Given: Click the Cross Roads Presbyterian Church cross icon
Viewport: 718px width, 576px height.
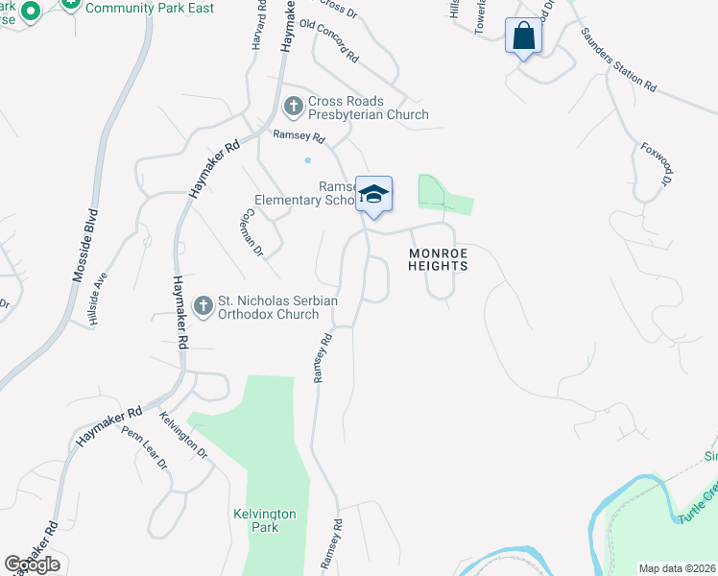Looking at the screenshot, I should click(293, 105).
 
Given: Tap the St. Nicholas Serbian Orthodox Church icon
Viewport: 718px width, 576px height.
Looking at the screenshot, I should click(203, 306).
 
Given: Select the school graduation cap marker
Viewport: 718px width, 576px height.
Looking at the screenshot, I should click(373, 194).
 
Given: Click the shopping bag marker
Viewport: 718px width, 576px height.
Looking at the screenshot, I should click(523, 36).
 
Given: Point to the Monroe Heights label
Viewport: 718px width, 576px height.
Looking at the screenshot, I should click(438, 260).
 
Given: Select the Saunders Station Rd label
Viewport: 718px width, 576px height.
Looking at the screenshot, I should click(617, 60).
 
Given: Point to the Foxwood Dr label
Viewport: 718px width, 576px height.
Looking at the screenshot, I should click(656, 164).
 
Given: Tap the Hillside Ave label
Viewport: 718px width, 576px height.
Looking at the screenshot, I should click(98, 305).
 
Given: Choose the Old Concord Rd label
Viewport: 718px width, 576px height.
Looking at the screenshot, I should click(328, 41).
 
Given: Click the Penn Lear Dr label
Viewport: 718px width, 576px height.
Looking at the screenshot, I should click(144, 445).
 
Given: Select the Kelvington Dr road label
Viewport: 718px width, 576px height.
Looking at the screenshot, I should click(182, 433).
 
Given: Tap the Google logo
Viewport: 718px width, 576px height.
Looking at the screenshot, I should click(32, 564).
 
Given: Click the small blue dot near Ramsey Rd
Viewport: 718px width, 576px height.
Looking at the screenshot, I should click(308, 160).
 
